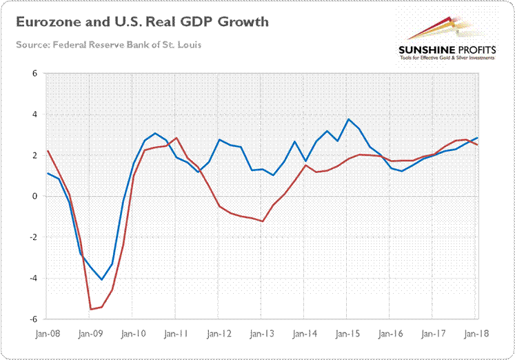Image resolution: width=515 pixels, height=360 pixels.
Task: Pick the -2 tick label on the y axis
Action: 32,238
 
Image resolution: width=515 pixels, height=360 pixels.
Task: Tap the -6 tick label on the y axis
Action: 32,320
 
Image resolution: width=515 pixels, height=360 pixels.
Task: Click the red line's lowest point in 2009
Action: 90,309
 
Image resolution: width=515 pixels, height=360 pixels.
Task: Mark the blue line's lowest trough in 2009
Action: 101,280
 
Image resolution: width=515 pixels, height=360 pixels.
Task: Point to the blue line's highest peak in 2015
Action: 349,119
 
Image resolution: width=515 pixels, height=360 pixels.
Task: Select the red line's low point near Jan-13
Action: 263,221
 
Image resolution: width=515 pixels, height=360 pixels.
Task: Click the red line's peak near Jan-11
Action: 176,138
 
